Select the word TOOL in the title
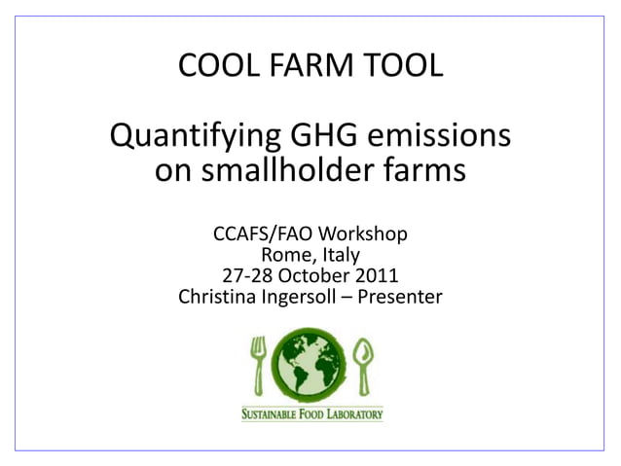(399, 66)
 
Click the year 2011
(375, 275)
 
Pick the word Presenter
(400, 296)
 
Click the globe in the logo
(310, 365)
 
